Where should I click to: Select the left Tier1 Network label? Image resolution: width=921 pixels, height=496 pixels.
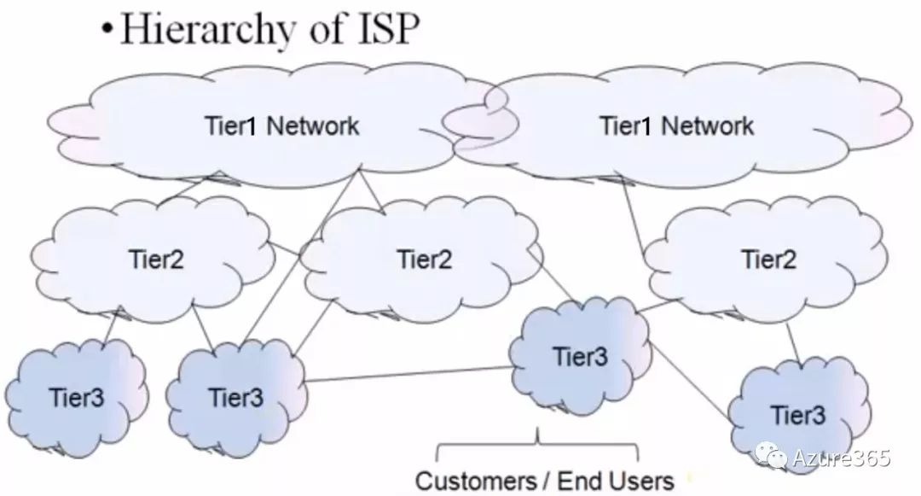(282, 126)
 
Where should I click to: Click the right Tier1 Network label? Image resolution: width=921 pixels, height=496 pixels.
(677, 126)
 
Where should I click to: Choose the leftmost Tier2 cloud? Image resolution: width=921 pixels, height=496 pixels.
(154, 258)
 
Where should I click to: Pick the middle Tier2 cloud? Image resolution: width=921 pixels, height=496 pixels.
(424, 258)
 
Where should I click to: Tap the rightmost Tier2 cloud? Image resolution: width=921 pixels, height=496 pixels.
(767, 258)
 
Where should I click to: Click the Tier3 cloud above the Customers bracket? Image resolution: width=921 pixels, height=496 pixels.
(580, 356)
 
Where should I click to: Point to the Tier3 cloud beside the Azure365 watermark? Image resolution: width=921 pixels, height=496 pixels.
(798, 415)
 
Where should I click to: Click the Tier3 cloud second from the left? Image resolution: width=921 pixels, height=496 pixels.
(236, 398)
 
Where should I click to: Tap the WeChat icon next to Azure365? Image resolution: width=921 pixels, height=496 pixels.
(777, 458)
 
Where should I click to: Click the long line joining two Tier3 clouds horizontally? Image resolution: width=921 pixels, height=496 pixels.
(409, 374)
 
